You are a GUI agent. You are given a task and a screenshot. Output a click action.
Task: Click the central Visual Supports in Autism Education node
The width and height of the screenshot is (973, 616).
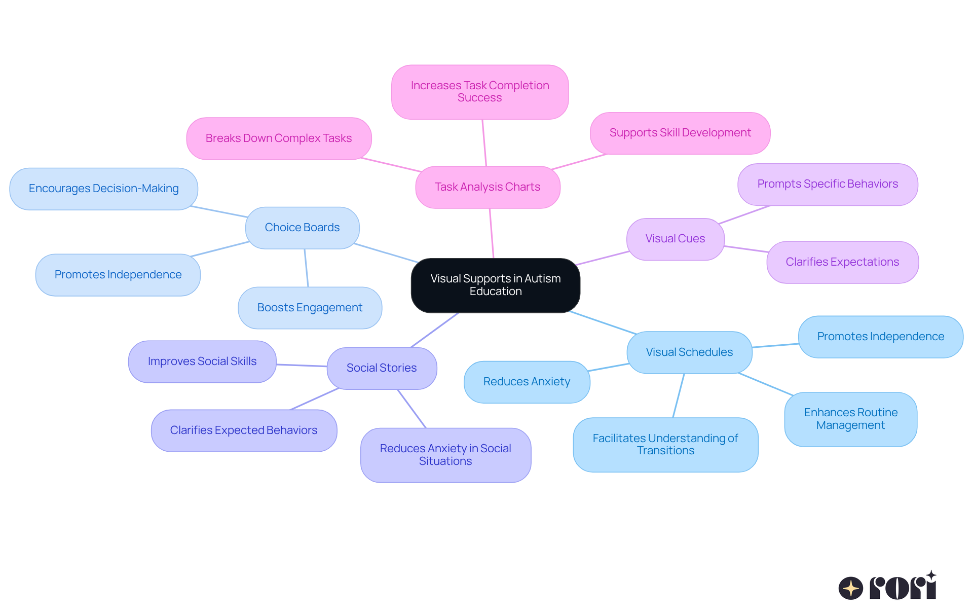click(495, 285)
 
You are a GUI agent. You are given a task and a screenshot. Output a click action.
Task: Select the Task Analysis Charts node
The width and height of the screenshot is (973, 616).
click(488, 187)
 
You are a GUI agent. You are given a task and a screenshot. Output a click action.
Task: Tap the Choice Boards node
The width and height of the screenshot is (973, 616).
click(302, 228)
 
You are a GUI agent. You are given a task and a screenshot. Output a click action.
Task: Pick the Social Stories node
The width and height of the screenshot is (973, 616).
click(382, 368)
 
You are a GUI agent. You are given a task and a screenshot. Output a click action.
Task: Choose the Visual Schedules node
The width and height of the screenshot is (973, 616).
click(689, 352)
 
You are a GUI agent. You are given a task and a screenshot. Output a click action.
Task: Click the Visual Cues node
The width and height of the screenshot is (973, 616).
click(675, 239)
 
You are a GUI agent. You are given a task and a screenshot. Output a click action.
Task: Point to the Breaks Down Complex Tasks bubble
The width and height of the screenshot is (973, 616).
click(279, 138)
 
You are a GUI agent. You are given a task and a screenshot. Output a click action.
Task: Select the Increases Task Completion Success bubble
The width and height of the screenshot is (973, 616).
click(479, 92)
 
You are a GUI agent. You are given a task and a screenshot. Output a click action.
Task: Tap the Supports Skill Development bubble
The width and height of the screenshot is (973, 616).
click(680, 133)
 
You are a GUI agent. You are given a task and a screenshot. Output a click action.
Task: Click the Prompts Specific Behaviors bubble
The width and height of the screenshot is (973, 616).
click(828, 184)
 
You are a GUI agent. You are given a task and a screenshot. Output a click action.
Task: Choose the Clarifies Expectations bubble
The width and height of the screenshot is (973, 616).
click(842, 262)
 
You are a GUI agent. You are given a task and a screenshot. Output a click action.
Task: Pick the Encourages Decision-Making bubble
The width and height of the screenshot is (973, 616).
click(103, 189)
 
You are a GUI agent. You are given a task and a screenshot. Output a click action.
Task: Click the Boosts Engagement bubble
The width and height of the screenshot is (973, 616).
click(310, 308)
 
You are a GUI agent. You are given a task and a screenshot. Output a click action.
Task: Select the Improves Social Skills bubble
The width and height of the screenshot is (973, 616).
click(202, 361)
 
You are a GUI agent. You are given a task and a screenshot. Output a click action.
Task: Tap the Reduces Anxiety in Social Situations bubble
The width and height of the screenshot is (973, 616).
click(445, 455)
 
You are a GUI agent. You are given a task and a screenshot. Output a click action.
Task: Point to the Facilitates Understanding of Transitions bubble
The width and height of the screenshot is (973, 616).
click(665, 445)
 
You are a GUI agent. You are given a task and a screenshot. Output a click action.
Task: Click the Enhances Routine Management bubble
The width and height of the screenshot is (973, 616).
click(850, 419)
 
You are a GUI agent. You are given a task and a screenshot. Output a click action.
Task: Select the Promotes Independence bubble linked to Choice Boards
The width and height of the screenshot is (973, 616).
click(118, 275)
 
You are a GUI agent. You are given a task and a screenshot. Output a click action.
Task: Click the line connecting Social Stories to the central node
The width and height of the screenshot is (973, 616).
click(435, 330)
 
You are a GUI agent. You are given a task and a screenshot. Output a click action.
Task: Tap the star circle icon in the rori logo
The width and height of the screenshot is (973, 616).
click(850, 588)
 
